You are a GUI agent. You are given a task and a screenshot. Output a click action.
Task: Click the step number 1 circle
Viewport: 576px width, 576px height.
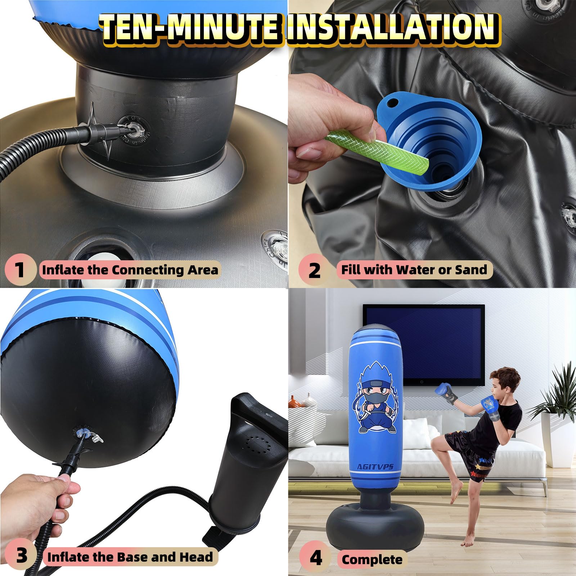20,269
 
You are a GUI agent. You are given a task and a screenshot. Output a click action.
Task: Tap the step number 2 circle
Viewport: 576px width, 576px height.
314,269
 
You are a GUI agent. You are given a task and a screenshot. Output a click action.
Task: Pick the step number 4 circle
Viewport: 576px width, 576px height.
316,557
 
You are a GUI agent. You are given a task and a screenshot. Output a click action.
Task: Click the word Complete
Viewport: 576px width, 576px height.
372,559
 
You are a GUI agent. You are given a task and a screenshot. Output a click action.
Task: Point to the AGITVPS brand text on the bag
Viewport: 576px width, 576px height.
375,467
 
